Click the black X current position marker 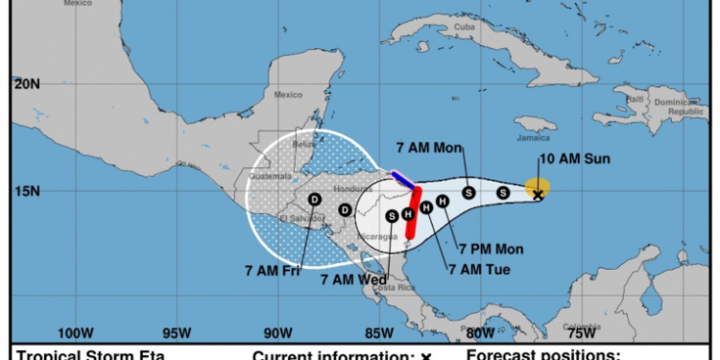(539, 194)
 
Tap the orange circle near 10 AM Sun (538, 185)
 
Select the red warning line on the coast (413, 213)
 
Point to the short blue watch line (402, 179)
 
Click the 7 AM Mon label (430, 148)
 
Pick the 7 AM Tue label (479, 268)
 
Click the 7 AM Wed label (353, 279)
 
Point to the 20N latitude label (27, 84)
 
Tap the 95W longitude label (176, 333)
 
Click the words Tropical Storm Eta (92, 355)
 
